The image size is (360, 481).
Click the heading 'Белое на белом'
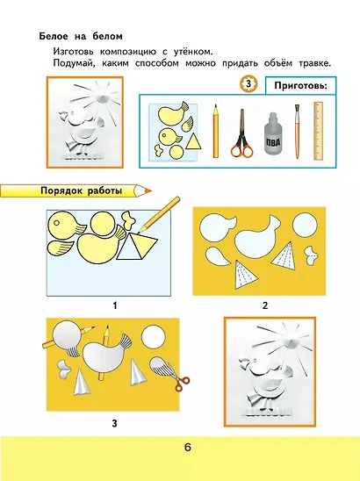pyautogui.click(x=81, y=36)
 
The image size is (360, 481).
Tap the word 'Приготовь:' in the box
pyautogui.click(x=300, y=85)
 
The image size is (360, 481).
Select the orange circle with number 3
pyautogui.click(x=248, y=83)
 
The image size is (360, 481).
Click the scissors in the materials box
pyautogui.click(x=242, y=133)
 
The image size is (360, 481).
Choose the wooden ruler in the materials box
pyautogui.click(x=319, y=132)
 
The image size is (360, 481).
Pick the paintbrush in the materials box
pyautogui.click(x=297, y=132)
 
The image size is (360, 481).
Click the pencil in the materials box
pyautogui.click(x=216, y=132)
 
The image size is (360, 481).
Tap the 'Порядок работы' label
pyautogui.click(x=81, y=190)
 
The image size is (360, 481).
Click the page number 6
pyautogui.click(x=188, y=447)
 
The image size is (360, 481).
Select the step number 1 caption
pyautogui.click(x=115, y=305)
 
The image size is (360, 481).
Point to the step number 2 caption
pyautogui.click(x=265, y=305)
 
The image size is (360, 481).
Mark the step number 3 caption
pyautogui.click(x=114, y=424)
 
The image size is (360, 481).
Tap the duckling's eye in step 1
pyautogui.click(x=56, y=223)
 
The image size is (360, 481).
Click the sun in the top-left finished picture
pyautogui.click(x=102, y=97)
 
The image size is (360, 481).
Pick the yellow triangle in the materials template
pyautogui.click(x=193, y=141)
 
